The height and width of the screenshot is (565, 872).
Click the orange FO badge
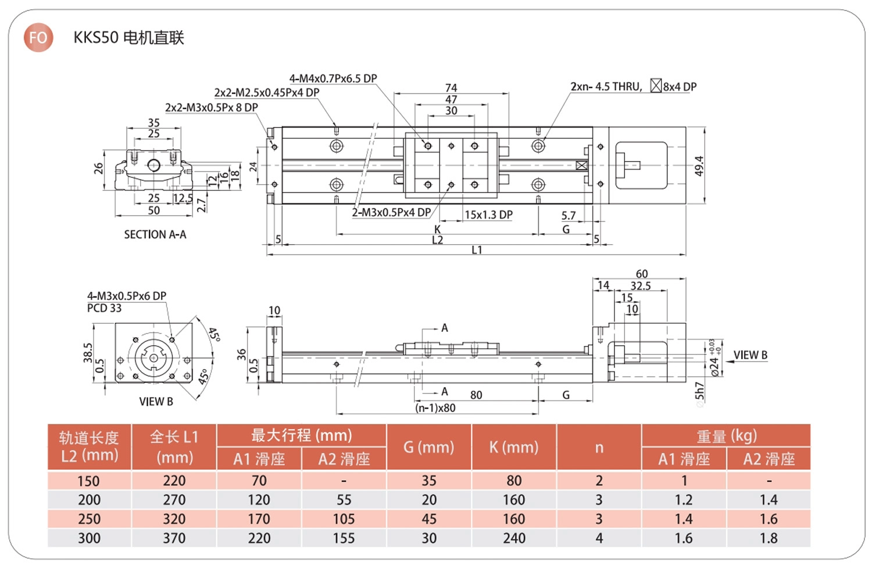[x=38, y=38]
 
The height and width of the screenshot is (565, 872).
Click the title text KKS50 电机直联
[x=128, y=38]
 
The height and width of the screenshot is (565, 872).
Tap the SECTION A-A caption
[x=155, y=234]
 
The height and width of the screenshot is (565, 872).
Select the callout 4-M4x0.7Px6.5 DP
[x=333, y=78]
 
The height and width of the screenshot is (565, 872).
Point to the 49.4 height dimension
[x=699, y=166]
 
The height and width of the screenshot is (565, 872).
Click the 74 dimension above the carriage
[x=451, y=88]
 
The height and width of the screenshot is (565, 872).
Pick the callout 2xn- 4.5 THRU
[x=606, y=87]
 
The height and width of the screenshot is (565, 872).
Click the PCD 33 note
[x=104, y=308]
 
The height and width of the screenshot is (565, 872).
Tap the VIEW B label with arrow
[x=750, y=355]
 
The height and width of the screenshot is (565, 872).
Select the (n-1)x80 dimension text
[x=435, y=408]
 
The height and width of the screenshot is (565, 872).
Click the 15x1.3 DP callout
[x=488, y=215]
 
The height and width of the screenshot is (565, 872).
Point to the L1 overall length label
[x=477, y=250]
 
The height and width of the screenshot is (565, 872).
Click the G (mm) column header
[x=429, y=447]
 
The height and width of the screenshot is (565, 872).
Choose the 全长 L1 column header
[x=174, y=446]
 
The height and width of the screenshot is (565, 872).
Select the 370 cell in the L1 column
[x=174, y=538]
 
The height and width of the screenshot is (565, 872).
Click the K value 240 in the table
[x=514, y=538]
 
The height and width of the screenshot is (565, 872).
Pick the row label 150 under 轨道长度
[x=89, y=481]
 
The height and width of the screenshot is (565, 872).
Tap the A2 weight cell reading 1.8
[x=769, y=538]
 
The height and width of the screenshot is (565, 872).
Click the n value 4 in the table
[x=599, y=538]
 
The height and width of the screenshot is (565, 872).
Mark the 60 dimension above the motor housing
[x=641, y=274]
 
